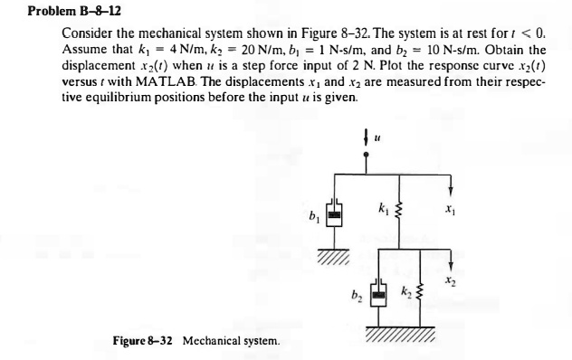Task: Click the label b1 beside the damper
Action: tap(311, 215)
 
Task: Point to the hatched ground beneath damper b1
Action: tap(332, 252)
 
